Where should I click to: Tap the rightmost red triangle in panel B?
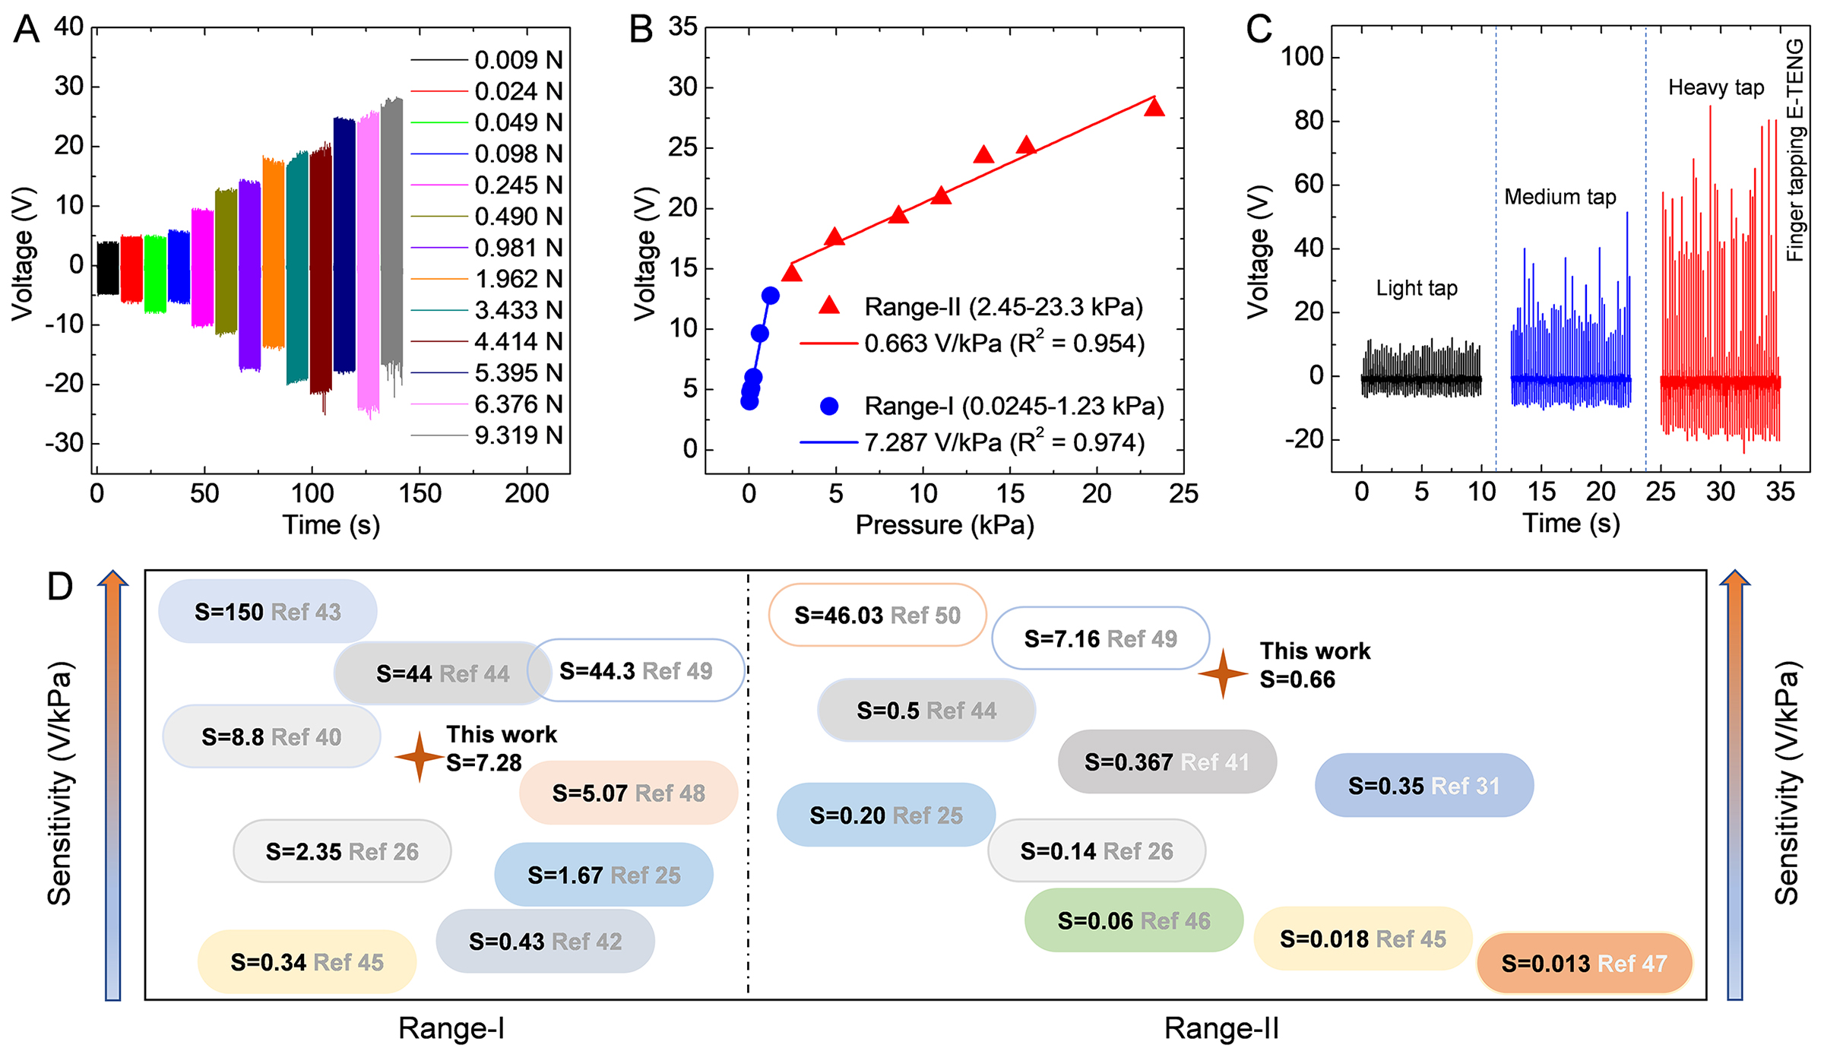point(1154,107)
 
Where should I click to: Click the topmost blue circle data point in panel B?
point(770,296)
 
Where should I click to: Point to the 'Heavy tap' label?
point(1715,87)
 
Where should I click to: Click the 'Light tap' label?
point(1417,288)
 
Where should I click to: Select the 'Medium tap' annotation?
point(1560,197)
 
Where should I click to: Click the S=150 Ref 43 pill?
point(268,612)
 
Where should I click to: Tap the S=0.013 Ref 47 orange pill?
point(1584,964)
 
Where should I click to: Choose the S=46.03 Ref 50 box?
point(877,615)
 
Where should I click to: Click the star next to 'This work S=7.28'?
point(419,757)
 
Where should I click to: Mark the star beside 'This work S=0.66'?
point(1222,673)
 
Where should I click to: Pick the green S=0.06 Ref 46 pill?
point(1133,920)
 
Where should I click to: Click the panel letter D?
point(60,587)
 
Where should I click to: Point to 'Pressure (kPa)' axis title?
point(945,525)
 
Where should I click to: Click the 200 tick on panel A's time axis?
point(527,494)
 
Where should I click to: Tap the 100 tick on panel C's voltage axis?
point(1302,56)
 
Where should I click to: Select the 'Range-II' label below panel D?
point(1221,1028)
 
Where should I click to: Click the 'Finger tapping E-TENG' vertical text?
point(1794,150)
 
